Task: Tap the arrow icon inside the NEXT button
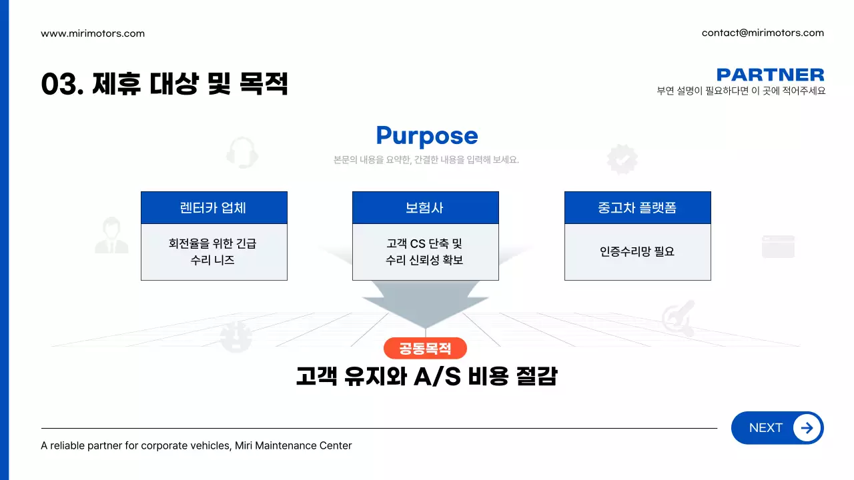pos(807,428)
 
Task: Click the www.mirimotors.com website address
pos(93,33)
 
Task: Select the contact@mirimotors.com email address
pos(763,33)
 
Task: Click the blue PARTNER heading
pos(770,75)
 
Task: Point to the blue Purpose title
pos(427,135)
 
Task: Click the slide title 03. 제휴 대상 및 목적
pos(164,84)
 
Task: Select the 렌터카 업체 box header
pos(213,208)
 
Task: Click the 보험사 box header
pos(425,208)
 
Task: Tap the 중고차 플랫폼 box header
pos(637,208)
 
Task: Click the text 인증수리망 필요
pos(637,252)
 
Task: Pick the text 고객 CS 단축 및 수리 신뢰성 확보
pos(425,252)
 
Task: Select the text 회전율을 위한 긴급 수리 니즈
pos(213,252)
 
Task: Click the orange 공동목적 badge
pos(425,348)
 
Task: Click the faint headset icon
pos(242,153)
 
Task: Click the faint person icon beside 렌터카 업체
pos(111,236)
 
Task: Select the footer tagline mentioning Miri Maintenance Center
pos(196,445)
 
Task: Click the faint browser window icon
pos(778,246)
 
